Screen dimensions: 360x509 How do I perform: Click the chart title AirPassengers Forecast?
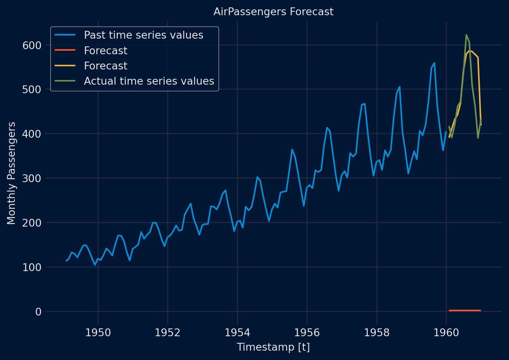273,12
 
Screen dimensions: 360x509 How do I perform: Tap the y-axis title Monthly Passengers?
12,173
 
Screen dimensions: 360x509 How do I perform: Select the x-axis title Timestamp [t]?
273,347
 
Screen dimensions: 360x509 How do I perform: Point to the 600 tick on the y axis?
32,45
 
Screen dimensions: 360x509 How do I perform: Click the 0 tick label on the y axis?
38,312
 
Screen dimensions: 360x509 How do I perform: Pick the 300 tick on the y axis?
32,178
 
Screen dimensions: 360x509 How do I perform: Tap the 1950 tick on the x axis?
98,333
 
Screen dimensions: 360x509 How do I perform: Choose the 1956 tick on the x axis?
307,333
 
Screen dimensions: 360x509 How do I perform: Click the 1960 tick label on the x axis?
446,333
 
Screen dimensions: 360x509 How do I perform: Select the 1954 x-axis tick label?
237,333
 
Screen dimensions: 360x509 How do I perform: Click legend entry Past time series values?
144,35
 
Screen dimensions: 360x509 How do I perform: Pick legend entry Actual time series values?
149,81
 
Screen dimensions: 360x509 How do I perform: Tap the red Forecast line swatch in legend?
64,51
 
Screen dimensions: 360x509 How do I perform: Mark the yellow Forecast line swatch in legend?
64,66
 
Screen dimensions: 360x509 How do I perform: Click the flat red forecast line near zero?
465,310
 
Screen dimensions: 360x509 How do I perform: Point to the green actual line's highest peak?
466,35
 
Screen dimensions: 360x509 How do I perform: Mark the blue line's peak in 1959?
434,63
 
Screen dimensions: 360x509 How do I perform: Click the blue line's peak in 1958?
399,87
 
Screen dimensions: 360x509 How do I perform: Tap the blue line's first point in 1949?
66,261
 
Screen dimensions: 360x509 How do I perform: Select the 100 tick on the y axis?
32,267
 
